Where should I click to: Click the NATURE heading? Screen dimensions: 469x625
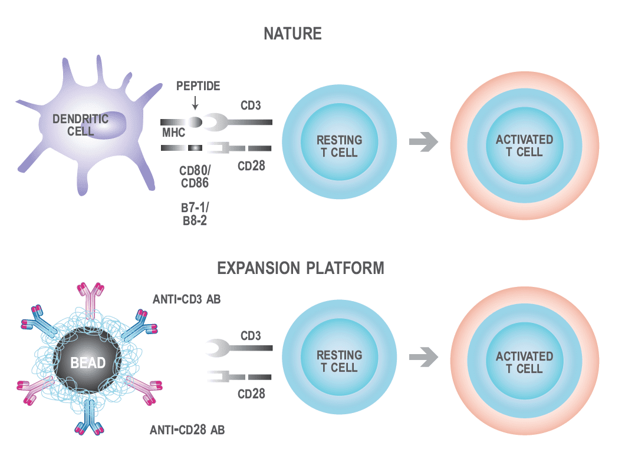(292, 34)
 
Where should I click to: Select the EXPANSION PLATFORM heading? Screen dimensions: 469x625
(301, 269)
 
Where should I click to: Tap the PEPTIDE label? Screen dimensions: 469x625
(198, 87)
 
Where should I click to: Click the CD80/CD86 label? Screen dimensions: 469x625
(194, 177)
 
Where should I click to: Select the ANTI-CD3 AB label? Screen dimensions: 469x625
(186, 300)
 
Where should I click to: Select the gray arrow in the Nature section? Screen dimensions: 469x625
(424, 142)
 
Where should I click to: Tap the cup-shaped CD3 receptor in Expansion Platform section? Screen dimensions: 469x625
(218, 349)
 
